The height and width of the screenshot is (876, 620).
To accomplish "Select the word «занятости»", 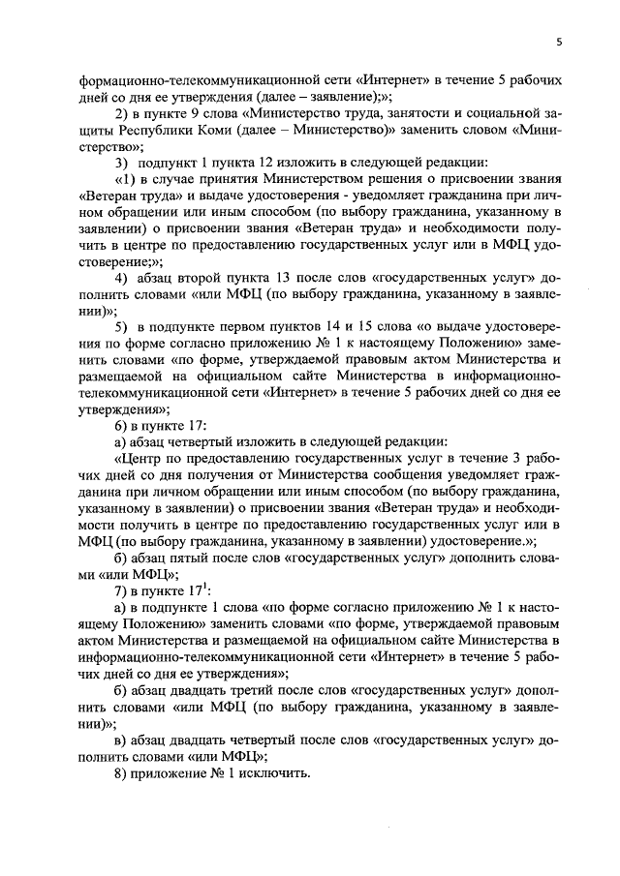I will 371,112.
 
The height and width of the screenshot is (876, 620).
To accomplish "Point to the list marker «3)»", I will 123,164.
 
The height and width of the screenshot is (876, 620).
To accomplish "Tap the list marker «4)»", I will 123,281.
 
